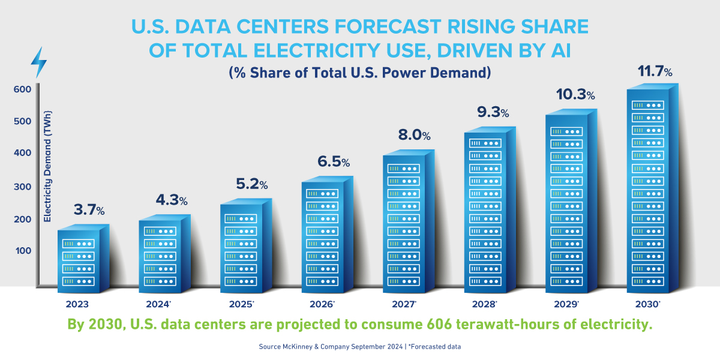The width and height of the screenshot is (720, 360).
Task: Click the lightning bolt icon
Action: coord(39,62)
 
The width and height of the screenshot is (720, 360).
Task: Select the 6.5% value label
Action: coord(332,162)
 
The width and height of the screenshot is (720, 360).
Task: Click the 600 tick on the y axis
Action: coord(22,89)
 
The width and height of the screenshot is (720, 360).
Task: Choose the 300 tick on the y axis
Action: coord(22,187)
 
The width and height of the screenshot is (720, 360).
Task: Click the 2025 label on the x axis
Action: coord(241,304)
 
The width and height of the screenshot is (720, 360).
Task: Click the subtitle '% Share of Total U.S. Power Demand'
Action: coord(360,73)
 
